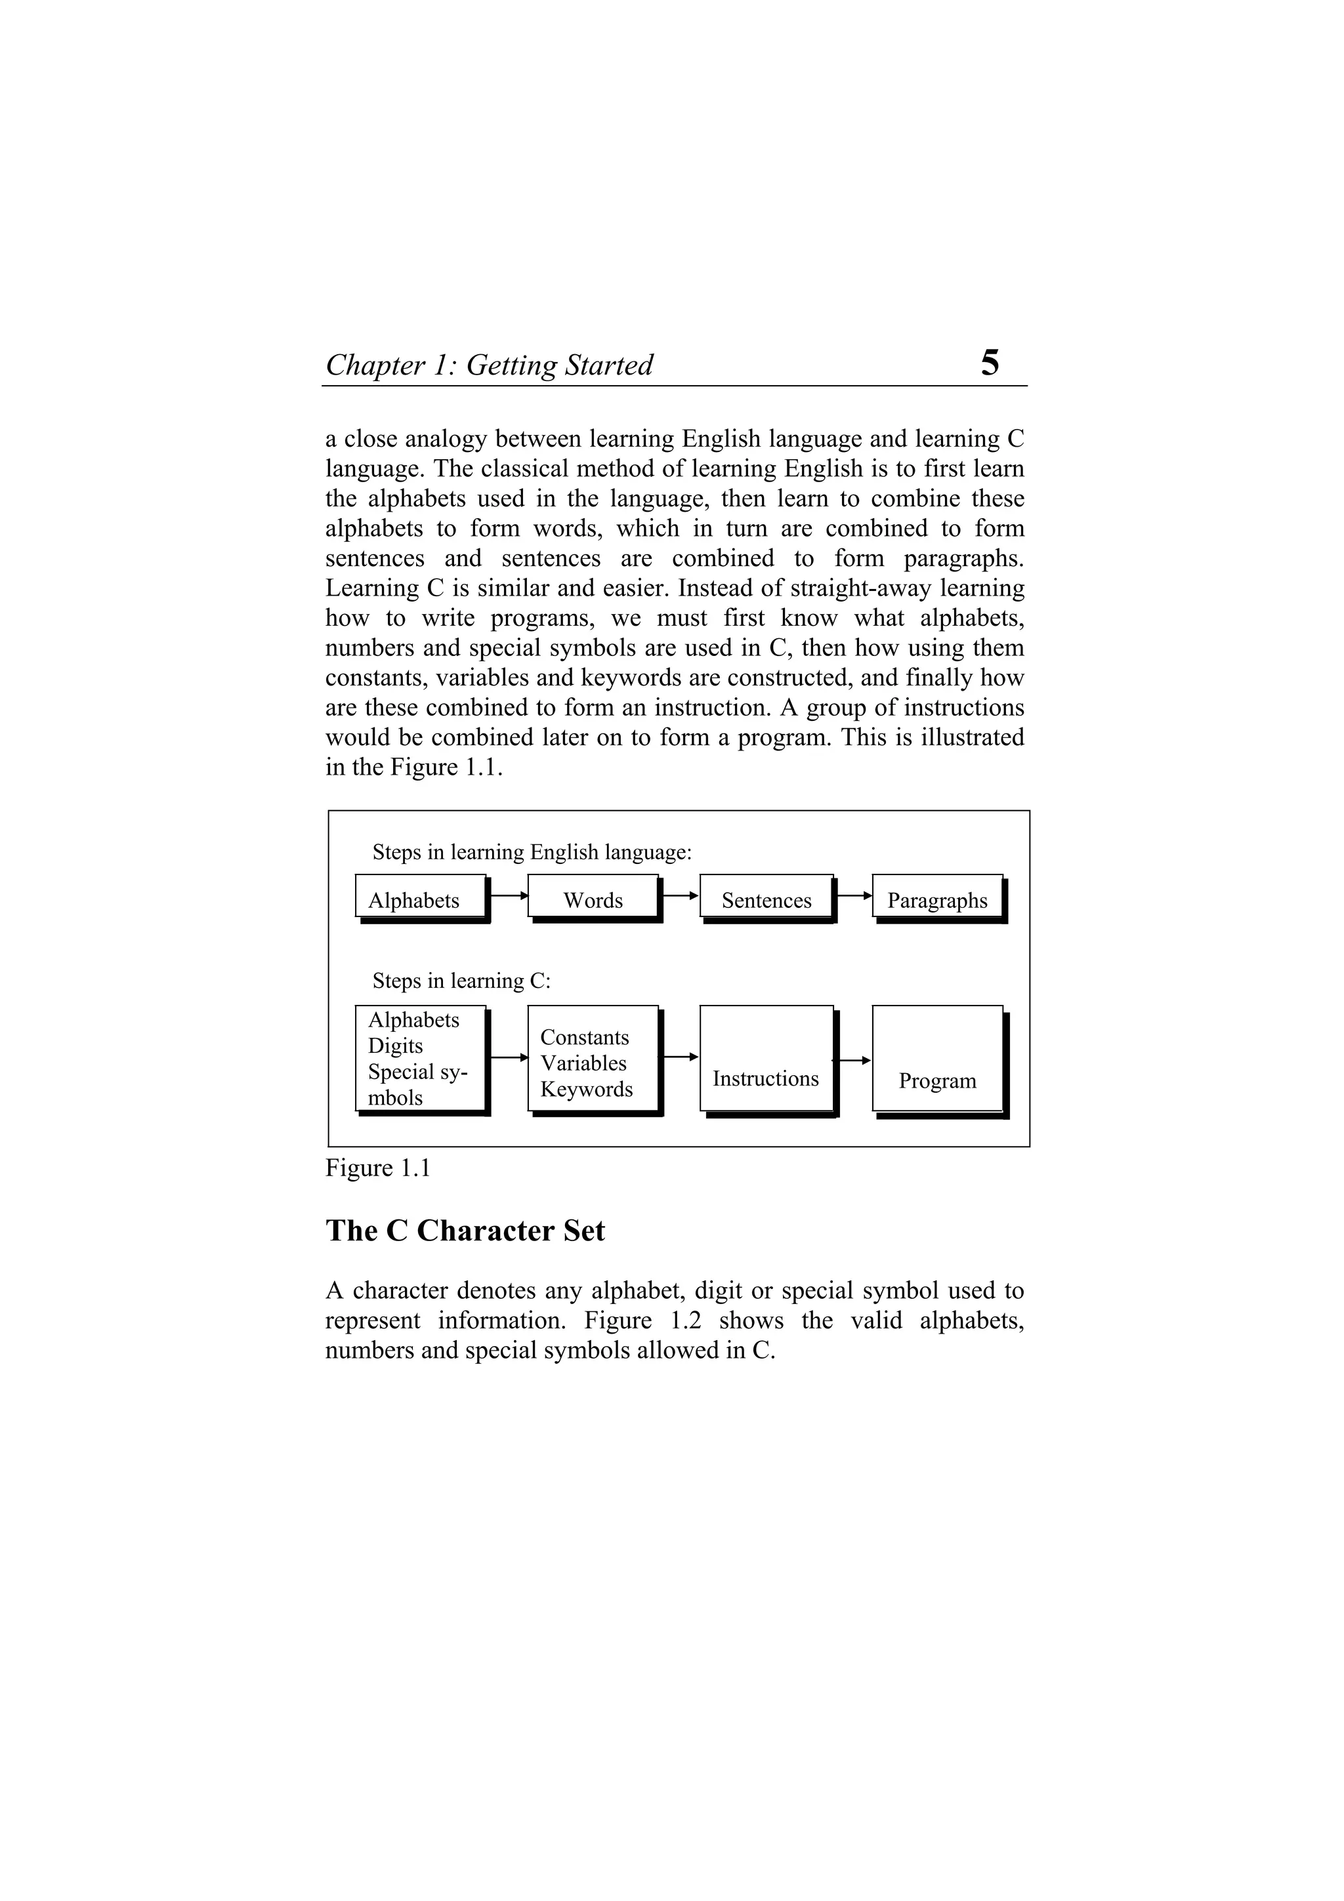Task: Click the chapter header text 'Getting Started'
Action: tap(559, 365)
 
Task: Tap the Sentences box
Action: tap(766, 898)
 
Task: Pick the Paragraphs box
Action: tap(936, 898)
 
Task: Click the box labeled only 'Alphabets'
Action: tap(420, 898)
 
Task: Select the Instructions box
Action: tap(766, 1060)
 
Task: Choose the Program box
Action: tap(936, 1060)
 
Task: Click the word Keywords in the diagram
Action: tap(586, 1089)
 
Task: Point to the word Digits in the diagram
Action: tap(395, 1046)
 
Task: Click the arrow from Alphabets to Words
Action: tap(509, 895)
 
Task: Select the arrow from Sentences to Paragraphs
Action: tap(853, 895)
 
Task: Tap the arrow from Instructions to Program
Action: tap(853, 1060)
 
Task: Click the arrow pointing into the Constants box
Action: tap(509, 1057)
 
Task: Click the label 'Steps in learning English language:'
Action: tap(532, 852)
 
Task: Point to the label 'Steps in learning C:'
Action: tap(461, 981)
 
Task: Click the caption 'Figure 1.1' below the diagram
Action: tap(377, 1168)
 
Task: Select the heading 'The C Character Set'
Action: tap(465, 1231)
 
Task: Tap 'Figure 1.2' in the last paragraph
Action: tap(642, 1320)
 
